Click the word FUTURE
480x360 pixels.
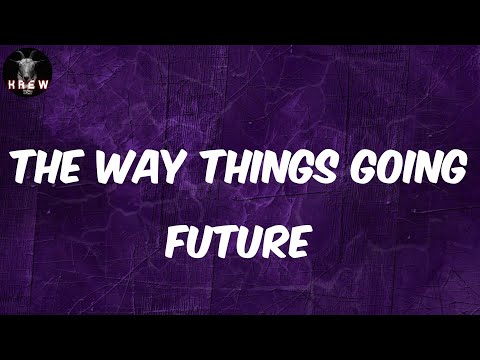coord(240,241)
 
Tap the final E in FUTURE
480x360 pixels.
coord(302,241)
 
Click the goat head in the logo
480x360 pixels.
coord(26,67)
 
